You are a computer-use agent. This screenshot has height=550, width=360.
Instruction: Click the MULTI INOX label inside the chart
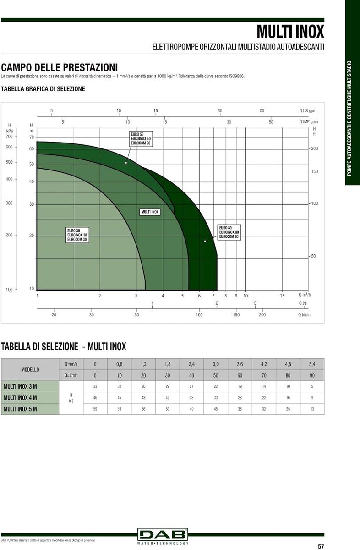tap(150, 212)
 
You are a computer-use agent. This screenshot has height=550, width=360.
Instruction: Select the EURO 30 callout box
tap(77, 235)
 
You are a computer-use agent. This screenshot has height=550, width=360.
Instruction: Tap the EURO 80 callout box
tap(229, 232)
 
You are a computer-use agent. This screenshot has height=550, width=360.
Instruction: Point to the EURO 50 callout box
tap(141, 139)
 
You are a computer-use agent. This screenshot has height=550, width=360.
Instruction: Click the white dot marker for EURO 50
tap(126, 163)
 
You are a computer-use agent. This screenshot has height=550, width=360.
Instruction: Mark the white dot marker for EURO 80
tap(205, 241)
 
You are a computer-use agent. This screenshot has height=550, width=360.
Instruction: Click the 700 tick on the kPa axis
tap(9, 137)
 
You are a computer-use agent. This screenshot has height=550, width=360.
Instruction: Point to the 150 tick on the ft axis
tap(314, 171)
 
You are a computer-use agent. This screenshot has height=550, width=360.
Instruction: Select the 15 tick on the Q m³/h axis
tap(282, 296)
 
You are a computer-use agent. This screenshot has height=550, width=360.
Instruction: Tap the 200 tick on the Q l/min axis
tap(262, 314)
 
